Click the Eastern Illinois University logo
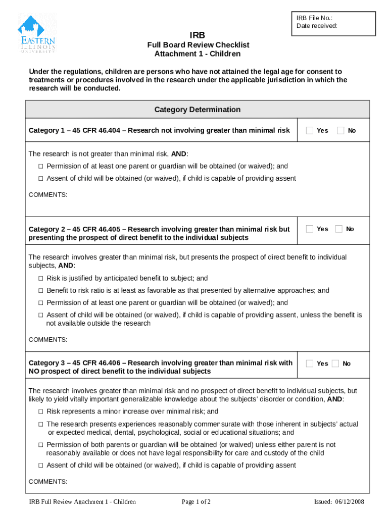[x=36, y=33]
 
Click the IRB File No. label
[x=314, y=18]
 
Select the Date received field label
[x=317, y=26]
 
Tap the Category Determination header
[x=197, y=110]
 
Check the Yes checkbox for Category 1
[x=310, y=130]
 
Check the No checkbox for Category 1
[x=341, y=130]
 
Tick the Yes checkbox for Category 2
[x=310, y=229]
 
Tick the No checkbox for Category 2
[x=338, y=229]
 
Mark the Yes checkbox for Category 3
[x=310, y=363]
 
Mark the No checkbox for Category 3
[x=335, y=363]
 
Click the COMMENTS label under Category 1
[x=47, y=194]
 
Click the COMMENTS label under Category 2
[x=47, y=340]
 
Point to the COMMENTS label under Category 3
[x=47, y=481]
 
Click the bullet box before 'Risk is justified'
[x=41, y=278]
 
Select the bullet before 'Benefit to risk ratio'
[x=41, y=290]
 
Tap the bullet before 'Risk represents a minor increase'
[x=41, y=411]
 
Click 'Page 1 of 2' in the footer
[x=196, y=502]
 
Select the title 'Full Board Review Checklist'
[x=198, y=45]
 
